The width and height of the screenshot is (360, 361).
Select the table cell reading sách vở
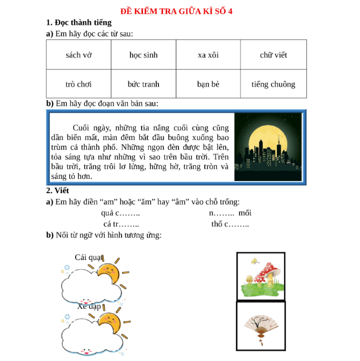point(79,55)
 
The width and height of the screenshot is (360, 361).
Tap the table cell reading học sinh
point(143,55)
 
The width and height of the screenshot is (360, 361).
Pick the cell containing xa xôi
point(208,55)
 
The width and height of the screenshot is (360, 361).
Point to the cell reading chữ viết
point(273,55)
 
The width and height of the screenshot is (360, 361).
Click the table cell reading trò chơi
point(79,84)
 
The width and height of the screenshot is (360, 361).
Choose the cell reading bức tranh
point(143,84)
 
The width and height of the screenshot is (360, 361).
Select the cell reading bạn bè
point(208,84)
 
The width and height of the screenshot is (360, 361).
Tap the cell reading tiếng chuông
point(273,84)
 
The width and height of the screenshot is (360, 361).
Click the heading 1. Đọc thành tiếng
point(79,23)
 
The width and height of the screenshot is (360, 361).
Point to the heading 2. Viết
point(57,190)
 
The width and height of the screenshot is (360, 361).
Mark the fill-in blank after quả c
point(131,214)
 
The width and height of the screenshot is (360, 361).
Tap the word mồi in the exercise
point(245,213)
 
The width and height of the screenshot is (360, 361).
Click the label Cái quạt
point(88,257)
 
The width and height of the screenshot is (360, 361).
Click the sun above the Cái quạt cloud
point(109,270)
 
